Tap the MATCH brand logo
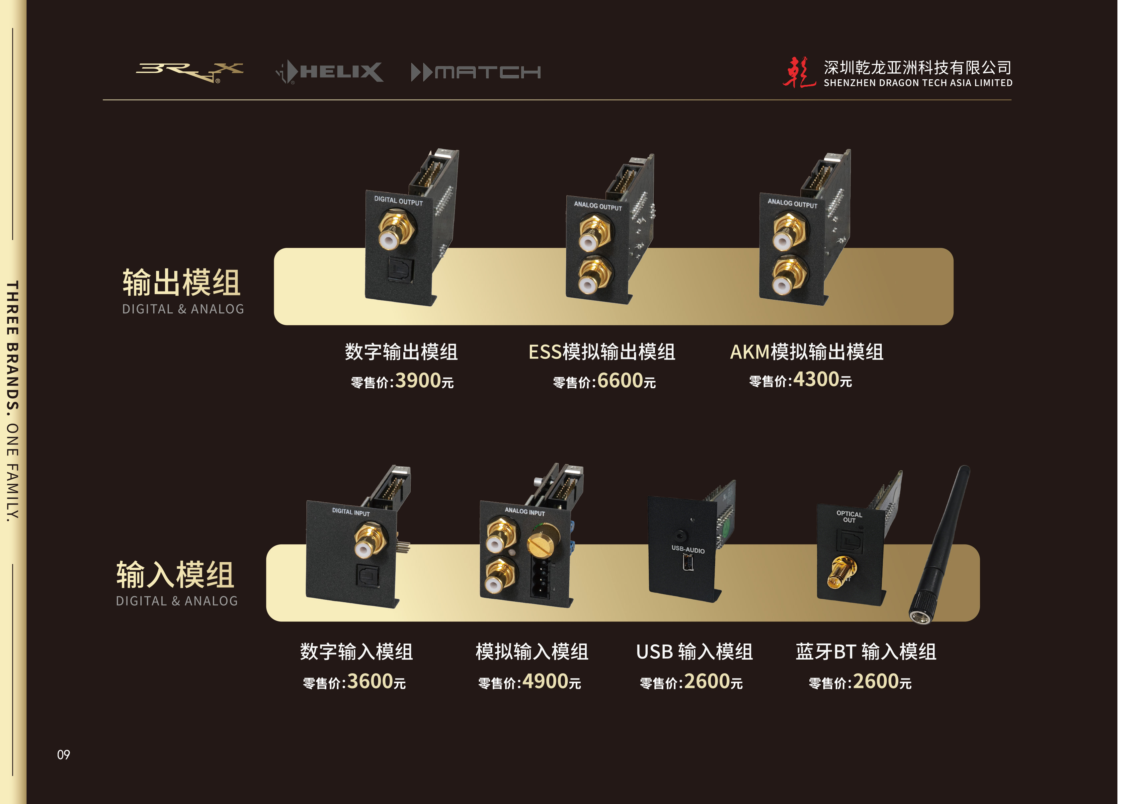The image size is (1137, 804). tap(475, 72)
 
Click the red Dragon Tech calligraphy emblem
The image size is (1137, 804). tap(798, 72)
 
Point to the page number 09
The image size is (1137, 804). tap(63, 755)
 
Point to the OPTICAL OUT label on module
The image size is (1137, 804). tap(849, 517)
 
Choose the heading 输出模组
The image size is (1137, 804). tap(181, 283)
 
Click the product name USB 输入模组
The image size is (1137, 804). tap(694, 652)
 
